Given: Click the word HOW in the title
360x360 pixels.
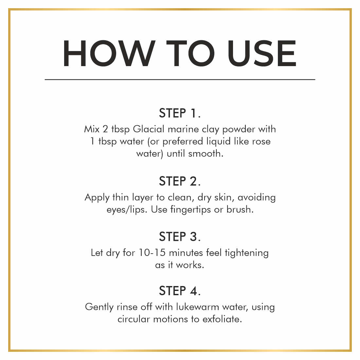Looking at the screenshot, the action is click(109, 53).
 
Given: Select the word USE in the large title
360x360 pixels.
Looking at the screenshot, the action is click(262, 53).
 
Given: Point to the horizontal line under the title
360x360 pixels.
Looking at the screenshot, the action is click(180, 80).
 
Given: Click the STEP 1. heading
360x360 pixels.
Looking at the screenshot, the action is click(180, 113).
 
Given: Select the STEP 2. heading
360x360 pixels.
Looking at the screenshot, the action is click(180, 181).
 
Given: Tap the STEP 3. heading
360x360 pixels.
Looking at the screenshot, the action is click(180, 237).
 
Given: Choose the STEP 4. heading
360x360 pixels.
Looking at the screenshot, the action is click(180, 291).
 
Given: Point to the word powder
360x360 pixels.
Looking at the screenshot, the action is click(239, 130).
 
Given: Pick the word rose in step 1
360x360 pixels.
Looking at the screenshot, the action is click(261, 142).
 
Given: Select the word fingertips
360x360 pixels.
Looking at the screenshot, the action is click(190, 210).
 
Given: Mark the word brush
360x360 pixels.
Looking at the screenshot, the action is click(240, 209).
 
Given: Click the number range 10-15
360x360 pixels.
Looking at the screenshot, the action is click(152, 253).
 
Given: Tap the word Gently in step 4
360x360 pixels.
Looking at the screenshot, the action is click(99, 307).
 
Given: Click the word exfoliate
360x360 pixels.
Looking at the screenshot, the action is click(222, 319).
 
